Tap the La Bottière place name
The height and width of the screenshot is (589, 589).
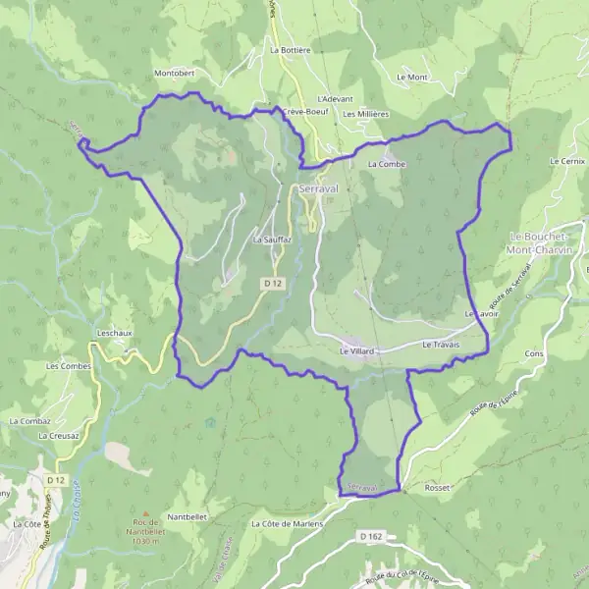[x=290, y=49]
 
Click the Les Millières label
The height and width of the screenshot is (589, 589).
[x=366, y=114]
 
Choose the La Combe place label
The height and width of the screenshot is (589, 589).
[x=387, y=164]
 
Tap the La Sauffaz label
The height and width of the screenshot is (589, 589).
[x=272, y=240]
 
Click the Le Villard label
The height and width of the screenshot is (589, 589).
[x=357, y=350]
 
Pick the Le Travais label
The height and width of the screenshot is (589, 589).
[x=441, y=346]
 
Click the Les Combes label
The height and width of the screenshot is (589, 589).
[x=66, y=366]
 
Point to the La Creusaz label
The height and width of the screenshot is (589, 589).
[x=58, y=435]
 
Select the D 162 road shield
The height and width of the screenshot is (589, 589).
[x=369, y=536]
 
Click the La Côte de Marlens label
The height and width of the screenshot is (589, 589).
[x=286, y=524]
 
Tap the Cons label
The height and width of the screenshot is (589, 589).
[x=534, y=352]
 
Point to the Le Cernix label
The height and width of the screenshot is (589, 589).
[x=567, y=160]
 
